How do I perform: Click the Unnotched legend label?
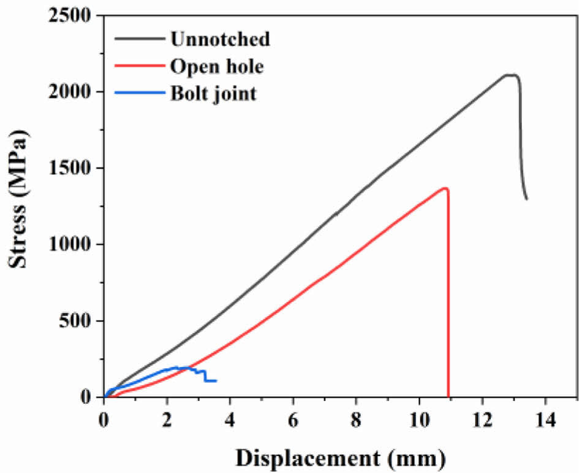(220, 39)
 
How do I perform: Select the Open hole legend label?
(217, 66)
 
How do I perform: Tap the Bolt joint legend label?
(213, 93)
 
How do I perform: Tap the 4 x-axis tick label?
(230, 421)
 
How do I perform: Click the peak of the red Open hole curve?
(445, 188)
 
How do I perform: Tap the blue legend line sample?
(140, 93)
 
